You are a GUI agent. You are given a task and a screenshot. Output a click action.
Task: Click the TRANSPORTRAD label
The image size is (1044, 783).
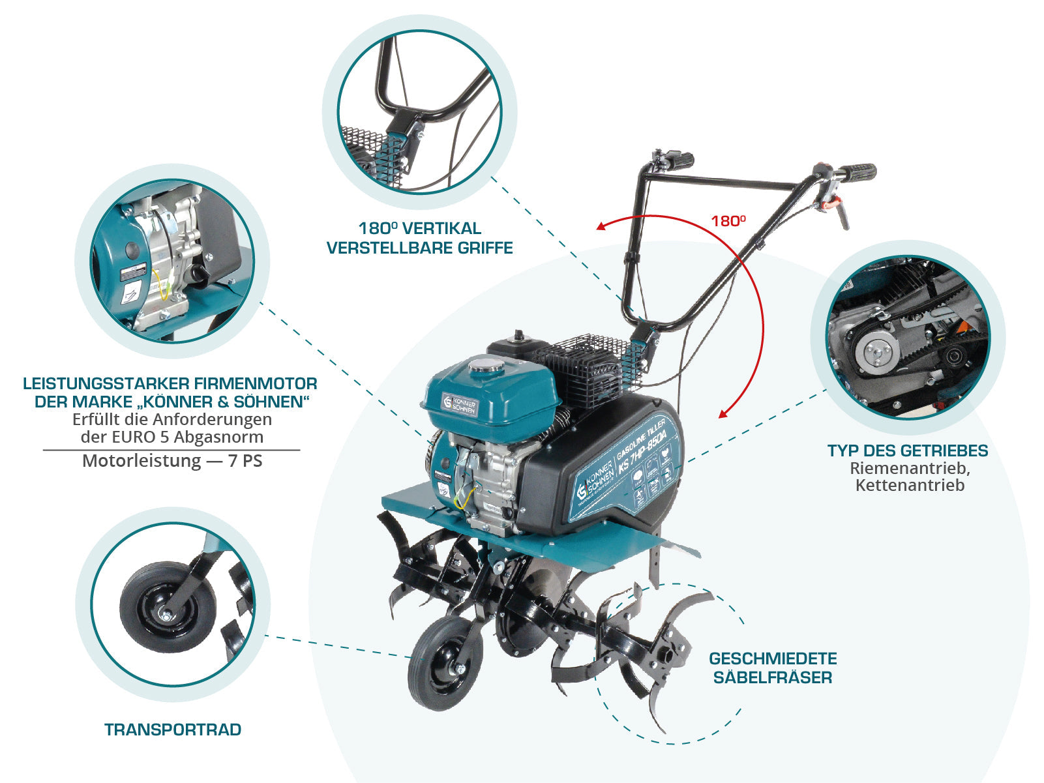click(x=173, y=730)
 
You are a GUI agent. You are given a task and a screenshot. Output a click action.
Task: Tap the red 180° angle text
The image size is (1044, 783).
click(x=728, y=221)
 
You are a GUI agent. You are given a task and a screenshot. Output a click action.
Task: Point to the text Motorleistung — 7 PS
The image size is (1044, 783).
click(x=172, y=461)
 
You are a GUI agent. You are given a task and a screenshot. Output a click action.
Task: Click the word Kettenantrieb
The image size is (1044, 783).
click(x=910, y=485)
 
